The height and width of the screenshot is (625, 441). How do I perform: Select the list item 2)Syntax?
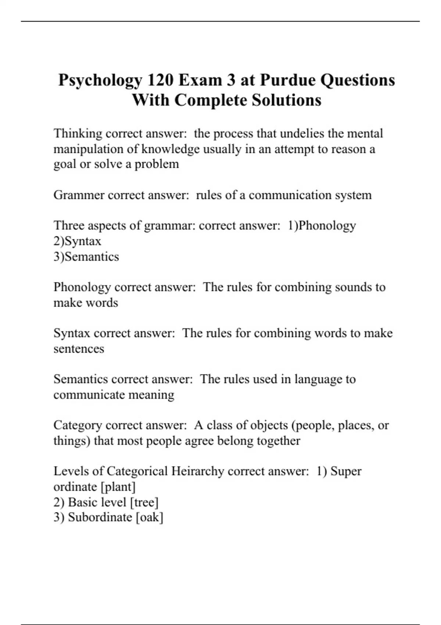tap(77, 241)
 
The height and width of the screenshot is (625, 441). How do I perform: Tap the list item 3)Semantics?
tap(86, 257)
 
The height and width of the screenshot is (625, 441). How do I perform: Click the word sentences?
tap(79, 349)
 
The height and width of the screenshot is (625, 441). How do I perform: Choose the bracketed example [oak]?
tap(150, 517)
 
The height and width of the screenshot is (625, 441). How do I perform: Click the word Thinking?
tap(78, 133)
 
